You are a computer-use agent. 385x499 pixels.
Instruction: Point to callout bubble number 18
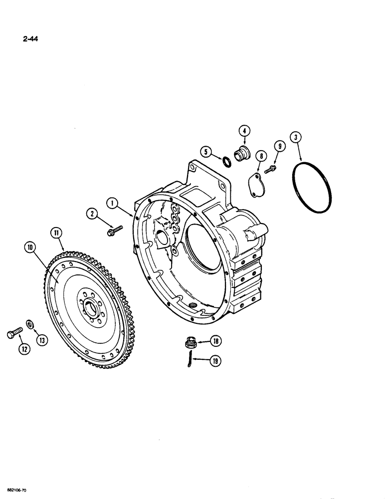pyautogui.click(x=216, y=342)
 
